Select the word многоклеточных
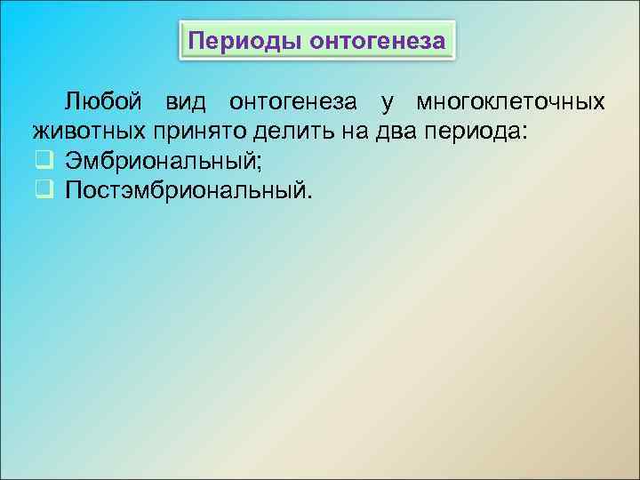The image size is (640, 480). pyautogui.click(x=511, y=102)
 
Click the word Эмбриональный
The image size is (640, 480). pyautogui.click(x=160, y=161)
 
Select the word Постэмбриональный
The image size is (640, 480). pyautogui.click(x=187, y=190)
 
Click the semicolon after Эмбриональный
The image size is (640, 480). pyautogui.click(x=259, y=164)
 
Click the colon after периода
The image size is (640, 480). pyautogui.click(x=524, y=134)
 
